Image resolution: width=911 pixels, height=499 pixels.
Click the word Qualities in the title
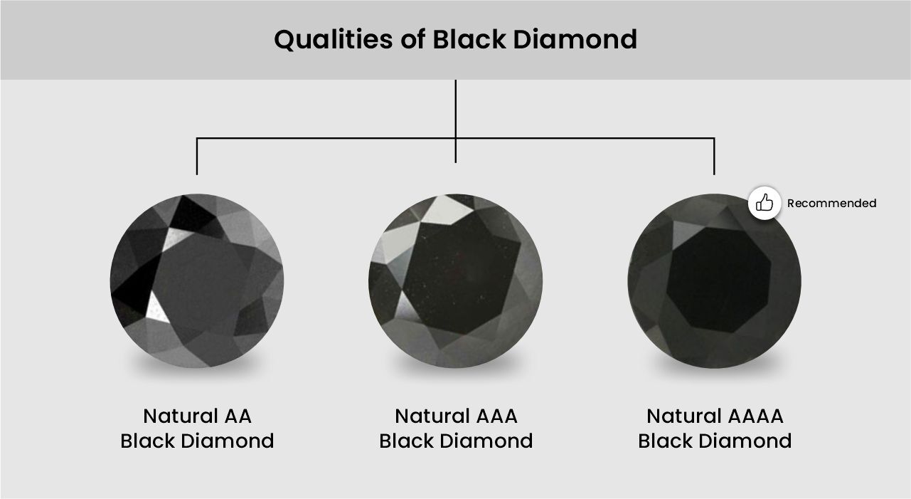[334, 40]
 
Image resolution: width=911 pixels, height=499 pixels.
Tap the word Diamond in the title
[575, 39]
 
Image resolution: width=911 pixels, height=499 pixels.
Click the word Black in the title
[469, 39]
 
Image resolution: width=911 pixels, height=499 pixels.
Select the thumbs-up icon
[765, 203]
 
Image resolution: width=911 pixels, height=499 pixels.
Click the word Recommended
[831, 203]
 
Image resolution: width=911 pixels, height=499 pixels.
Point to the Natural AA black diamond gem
[197, 281]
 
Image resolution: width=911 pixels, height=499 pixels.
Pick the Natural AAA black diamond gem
[455, 281]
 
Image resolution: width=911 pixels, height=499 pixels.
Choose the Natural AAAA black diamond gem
[715, 281]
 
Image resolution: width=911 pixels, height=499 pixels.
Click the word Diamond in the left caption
[228, 441]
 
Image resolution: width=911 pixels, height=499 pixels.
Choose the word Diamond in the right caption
[745, 441]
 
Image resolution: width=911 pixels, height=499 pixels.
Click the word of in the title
[412, 39]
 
